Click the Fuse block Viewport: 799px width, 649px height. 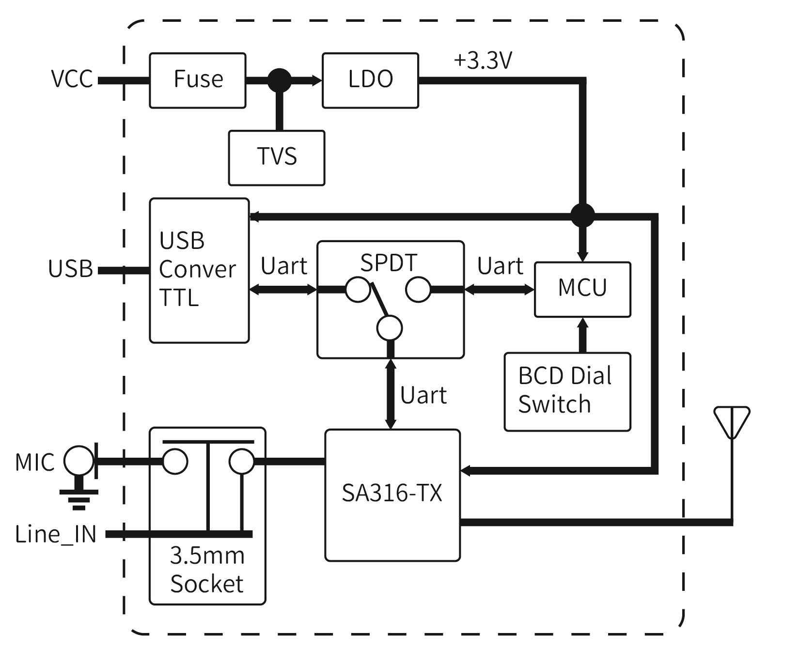click(198, 80)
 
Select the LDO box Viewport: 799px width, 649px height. click(370, 80)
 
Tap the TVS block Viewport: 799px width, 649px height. click(276, 157)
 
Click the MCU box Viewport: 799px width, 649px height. click(582, 289)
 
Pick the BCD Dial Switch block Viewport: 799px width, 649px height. click(567, 391)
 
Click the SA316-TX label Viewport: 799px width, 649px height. click(392, 494)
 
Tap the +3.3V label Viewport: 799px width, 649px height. click(483, 61)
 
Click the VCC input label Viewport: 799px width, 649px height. click(72, 79)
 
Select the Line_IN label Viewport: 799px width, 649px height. click(56, 534)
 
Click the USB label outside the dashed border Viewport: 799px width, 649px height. click(70, 269)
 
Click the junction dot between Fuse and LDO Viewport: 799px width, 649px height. click(280, 80)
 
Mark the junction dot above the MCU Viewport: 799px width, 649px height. click(582, 215)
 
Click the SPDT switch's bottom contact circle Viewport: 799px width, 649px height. click(390, 328)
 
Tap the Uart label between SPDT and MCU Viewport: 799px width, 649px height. click(500, 266)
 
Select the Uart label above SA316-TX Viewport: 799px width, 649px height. click(423, 396)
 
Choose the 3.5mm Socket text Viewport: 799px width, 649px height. click(207, 570)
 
